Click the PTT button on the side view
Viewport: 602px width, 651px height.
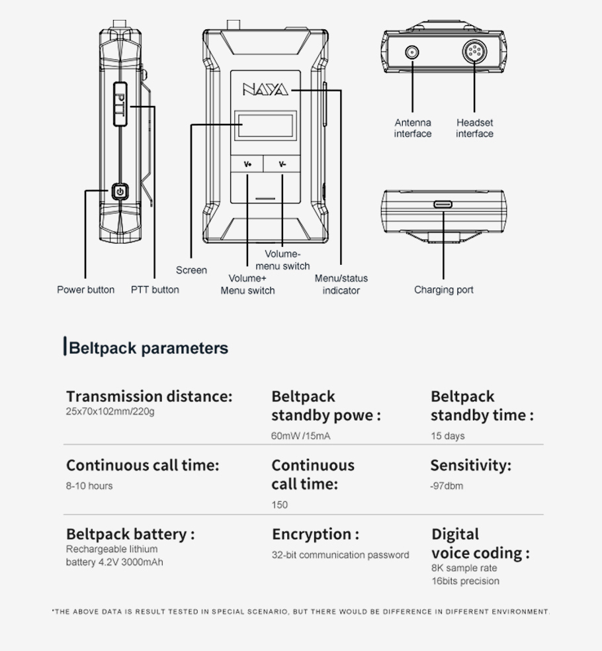tap(120, 104)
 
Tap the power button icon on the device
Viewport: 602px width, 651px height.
tap(120, 191)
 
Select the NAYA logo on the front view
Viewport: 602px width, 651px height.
tap(265, 89)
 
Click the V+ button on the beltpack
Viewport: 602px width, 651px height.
tap(247, 164)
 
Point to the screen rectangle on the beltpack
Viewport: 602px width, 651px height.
tap(265, 125)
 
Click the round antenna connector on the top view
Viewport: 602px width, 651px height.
tap(411, 53)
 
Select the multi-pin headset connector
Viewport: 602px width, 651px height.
tap(474, 52)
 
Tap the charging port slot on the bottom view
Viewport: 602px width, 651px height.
tap(443, 204)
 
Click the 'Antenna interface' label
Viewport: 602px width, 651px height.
tap(413, 128)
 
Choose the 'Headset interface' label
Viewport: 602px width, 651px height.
tap(475, 128)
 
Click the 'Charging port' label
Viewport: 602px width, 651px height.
tap(444, 290)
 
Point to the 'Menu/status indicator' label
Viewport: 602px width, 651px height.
tap(341, 284)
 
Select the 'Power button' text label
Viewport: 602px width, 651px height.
tap(86, 290)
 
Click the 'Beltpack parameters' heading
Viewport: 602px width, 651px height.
tap(148, 348)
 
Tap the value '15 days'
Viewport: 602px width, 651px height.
tap(448, 436)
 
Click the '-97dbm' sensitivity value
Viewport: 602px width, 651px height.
tap(447, 485)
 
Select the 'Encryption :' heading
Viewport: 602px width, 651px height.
tap(316, 534)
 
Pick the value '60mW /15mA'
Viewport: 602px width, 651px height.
tap(300, 436)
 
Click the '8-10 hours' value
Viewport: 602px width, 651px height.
tap(89, 485)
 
